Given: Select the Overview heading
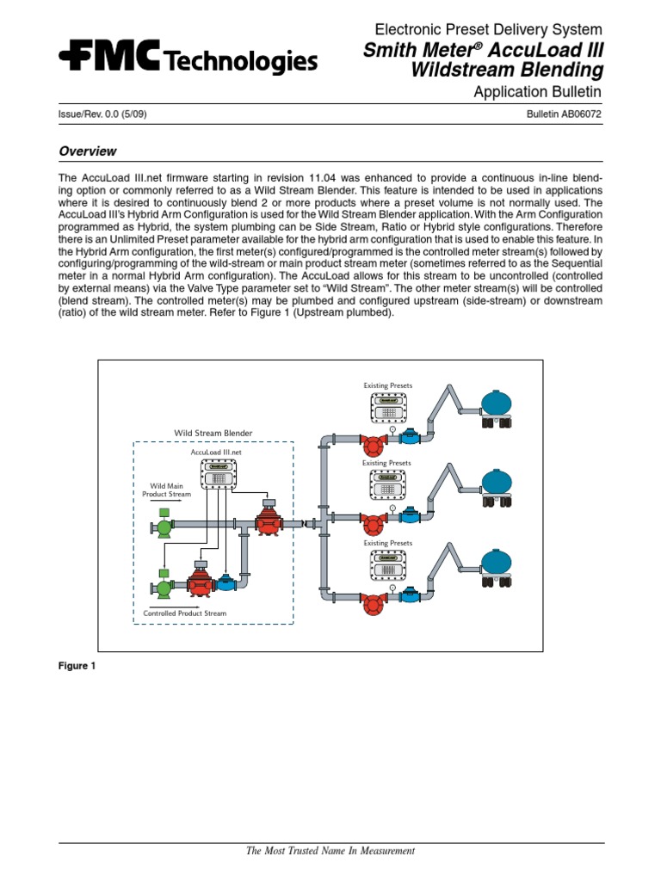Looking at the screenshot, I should [87, 151].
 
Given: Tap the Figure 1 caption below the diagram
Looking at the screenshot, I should [77, 666].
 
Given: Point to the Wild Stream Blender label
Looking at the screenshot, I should [213, 432].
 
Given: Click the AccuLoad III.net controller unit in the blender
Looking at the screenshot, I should [218, 474].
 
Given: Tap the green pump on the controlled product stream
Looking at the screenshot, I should [161, 588].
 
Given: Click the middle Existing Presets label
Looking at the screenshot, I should [386, 464].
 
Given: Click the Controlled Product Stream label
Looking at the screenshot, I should [185, 613].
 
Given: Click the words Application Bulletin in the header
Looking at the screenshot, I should [538, 92].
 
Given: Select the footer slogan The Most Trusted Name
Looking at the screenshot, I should [330, 851].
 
